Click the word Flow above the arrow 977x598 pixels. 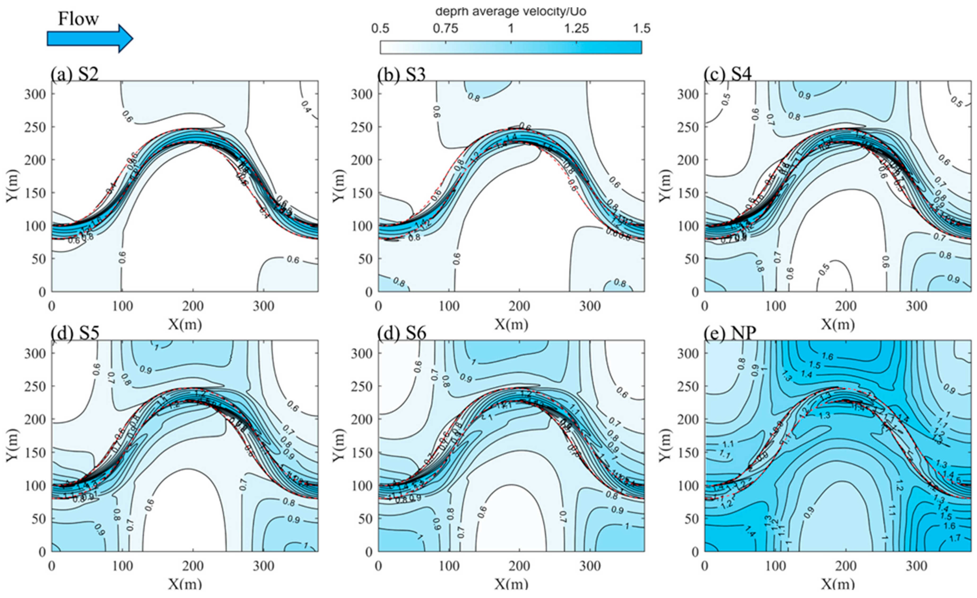[x=78, y=19]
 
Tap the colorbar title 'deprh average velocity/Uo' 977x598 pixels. [x=511, y=11]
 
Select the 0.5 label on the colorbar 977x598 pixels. [x=381, y=29]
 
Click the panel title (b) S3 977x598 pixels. [x=402, y=74]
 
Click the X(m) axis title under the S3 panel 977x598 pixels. [x=511, y=324]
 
